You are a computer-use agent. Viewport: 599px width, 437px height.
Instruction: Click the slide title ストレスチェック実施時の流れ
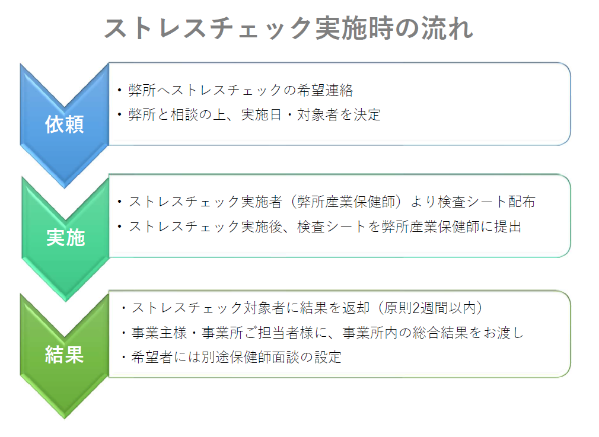[x=288, y=28]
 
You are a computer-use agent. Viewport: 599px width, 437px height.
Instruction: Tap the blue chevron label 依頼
[x=64, y=125]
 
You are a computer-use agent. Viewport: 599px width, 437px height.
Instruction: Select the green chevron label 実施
[x=65, y=238]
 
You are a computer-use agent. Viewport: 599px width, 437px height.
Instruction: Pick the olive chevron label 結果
[x=64, y=354]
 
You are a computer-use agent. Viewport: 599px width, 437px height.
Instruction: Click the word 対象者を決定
[x=339, y=114]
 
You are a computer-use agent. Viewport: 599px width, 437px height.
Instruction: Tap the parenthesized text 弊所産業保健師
[x=346, y=202]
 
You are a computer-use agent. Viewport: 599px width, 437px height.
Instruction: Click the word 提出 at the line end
[x=508, y=227]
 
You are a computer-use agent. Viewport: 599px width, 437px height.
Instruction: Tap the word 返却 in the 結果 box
[x=356, y=308]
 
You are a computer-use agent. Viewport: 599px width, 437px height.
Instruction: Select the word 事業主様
[x=159, y=333]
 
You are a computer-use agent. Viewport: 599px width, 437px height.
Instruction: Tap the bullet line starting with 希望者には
[x=231, y=357]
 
